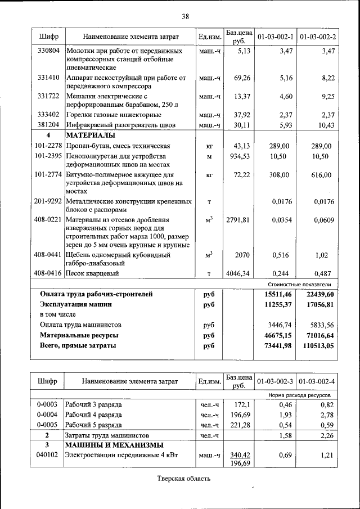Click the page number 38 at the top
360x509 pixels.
185,16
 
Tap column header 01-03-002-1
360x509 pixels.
275,37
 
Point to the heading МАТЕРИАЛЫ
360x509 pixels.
90,136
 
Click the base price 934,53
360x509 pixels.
239,156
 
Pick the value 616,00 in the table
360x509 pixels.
322,175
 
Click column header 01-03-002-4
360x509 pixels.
317,381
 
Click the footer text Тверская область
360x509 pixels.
183,479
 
